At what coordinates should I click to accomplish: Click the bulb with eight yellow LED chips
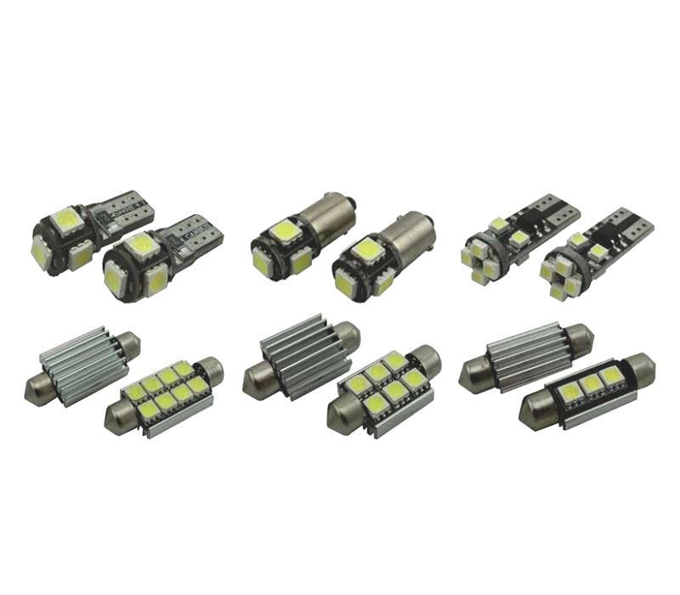click(166, 393)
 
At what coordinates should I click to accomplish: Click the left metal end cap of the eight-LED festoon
click(118, 419)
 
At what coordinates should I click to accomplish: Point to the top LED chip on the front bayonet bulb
click(365, 249)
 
